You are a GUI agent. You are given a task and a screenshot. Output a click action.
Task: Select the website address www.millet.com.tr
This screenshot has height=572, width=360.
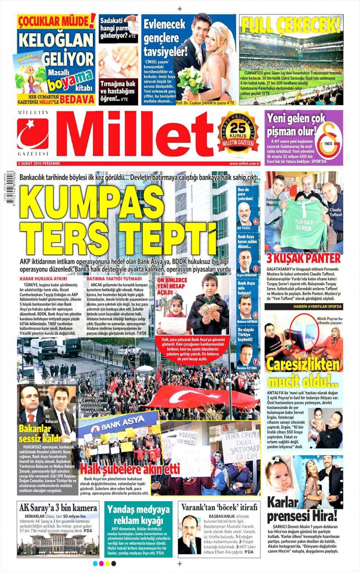tap(244, 163)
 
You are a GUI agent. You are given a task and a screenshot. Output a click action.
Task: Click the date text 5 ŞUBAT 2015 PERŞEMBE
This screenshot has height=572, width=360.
tap(39, 163)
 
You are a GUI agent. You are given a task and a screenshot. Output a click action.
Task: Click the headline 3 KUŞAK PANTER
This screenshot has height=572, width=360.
tap(303, 258)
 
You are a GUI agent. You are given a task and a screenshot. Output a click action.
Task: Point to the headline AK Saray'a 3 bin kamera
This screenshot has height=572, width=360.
tap(58, 508)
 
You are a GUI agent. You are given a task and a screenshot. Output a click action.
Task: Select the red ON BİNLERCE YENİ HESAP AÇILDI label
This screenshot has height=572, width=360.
tap(172, 286)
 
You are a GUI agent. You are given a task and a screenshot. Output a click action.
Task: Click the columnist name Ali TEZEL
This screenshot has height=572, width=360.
tap(244, 228)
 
